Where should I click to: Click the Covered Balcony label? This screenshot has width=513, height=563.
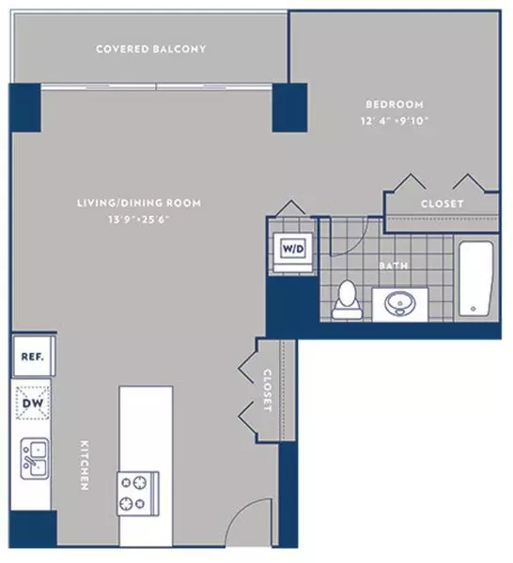pos(150,49)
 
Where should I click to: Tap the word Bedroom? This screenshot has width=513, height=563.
pos(393,104)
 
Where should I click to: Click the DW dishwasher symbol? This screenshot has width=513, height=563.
pos(33,405)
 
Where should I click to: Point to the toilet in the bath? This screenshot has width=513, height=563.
pos(346,297)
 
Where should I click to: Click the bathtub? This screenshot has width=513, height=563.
pos(474,279)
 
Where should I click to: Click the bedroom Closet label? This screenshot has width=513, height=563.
pos(442,203)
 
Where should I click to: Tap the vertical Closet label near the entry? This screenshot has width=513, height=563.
pos(268,391)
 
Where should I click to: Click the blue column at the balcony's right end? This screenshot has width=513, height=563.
pos(290,106)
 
